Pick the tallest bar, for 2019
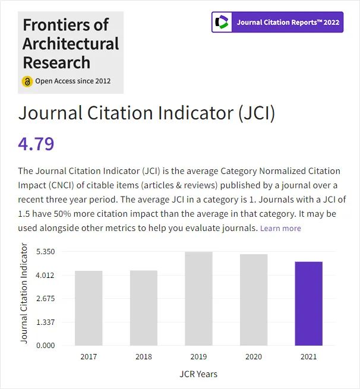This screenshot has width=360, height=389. click(x=198, y=298)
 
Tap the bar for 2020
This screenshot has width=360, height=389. click(x=254, y=299)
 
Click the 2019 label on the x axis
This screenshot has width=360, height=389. click(x=198, y=357)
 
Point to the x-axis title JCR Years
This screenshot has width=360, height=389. click(x=198, y=374)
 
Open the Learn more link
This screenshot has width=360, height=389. click(x=280, y=229)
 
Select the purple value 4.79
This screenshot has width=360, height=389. click(x=36, y=144)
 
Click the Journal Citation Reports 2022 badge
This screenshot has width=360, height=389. click(x=277, y=23)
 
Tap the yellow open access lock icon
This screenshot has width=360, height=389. click(x=27, y=81)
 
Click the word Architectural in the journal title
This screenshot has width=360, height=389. click(x=71, y=44)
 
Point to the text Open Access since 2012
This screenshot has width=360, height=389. click(x=73, y=81)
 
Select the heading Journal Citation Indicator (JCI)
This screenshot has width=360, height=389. click(x=147, y=113)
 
